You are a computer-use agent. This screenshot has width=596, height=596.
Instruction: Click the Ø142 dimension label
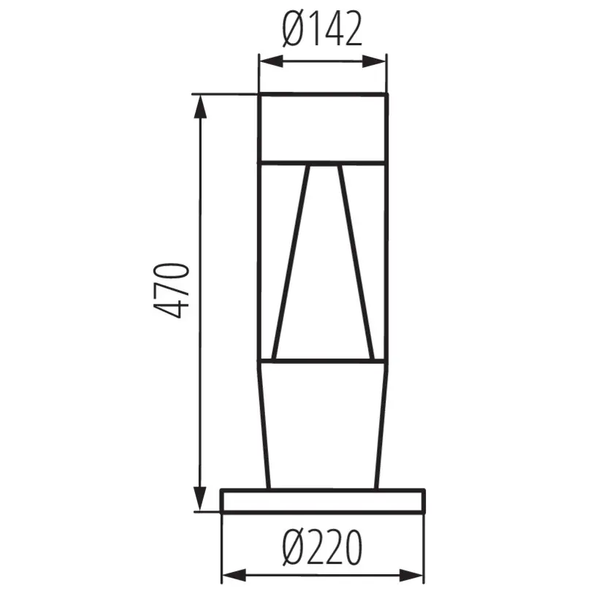point(322,30)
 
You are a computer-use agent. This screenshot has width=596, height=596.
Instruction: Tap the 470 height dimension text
point(174,290)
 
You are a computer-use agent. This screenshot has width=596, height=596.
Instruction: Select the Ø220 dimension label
point(322,548)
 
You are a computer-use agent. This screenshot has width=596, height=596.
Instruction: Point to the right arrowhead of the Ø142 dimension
point(381,61)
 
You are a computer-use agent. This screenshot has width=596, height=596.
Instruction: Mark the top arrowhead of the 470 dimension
point(199,102)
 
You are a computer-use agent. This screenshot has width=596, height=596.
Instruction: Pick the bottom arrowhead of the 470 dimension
point(199,503)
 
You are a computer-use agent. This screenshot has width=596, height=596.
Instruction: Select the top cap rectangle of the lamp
point(323,127)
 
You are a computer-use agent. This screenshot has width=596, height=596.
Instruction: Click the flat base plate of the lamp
point(322,501)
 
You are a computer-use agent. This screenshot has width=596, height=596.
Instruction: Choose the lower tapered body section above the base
point(322,424)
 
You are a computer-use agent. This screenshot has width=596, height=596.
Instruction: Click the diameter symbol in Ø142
point(293,30)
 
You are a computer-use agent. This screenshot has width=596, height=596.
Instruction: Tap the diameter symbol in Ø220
point(293,548)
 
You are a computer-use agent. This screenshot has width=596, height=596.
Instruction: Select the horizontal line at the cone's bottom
point(324,360)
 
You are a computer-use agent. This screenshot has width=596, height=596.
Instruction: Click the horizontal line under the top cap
point(323,160)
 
